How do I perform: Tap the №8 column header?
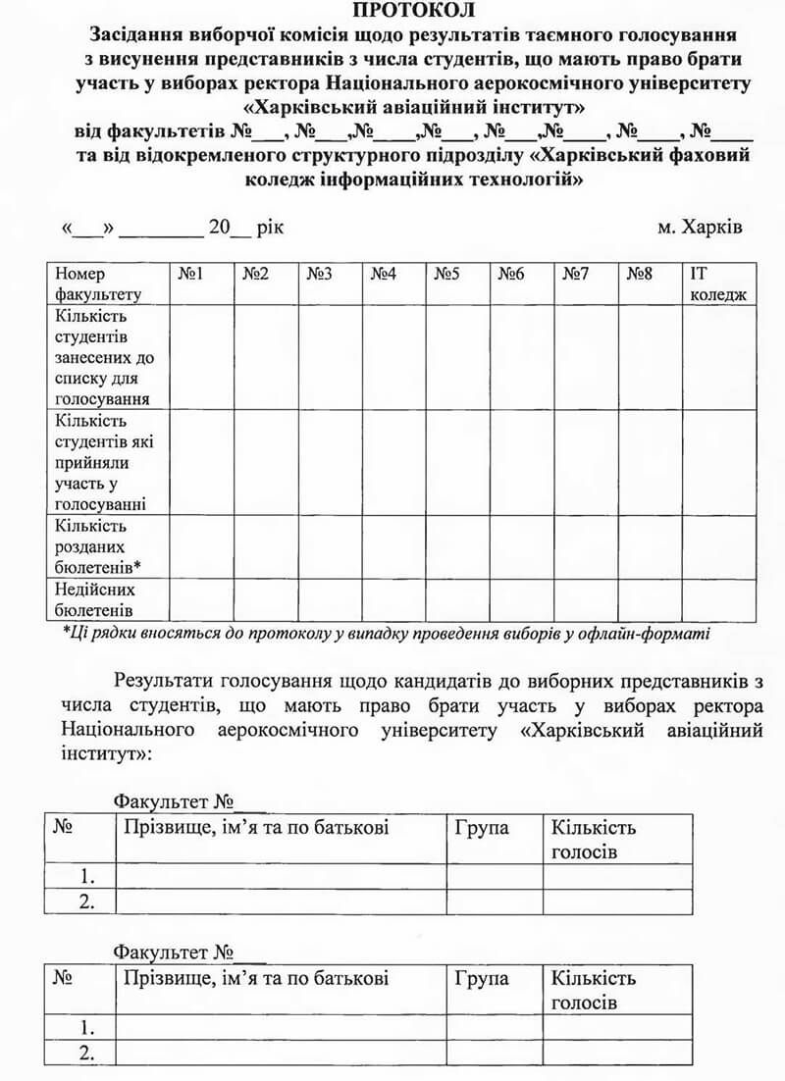pos(640,275)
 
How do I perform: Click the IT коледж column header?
pos(718,283)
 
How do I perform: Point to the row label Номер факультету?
pos(98,283)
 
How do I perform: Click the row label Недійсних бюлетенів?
pos(95,599)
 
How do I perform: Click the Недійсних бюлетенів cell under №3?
pos(330,599)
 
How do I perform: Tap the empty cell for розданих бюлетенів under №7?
pos(586,546)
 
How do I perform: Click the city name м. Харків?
pos(700,228)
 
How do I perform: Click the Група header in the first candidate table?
pos(482,828)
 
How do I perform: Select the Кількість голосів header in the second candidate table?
pos(594,990)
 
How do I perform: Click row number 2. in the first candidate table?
pos(87,901)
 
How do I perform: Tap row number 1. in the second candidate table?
pos(87,1027)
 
